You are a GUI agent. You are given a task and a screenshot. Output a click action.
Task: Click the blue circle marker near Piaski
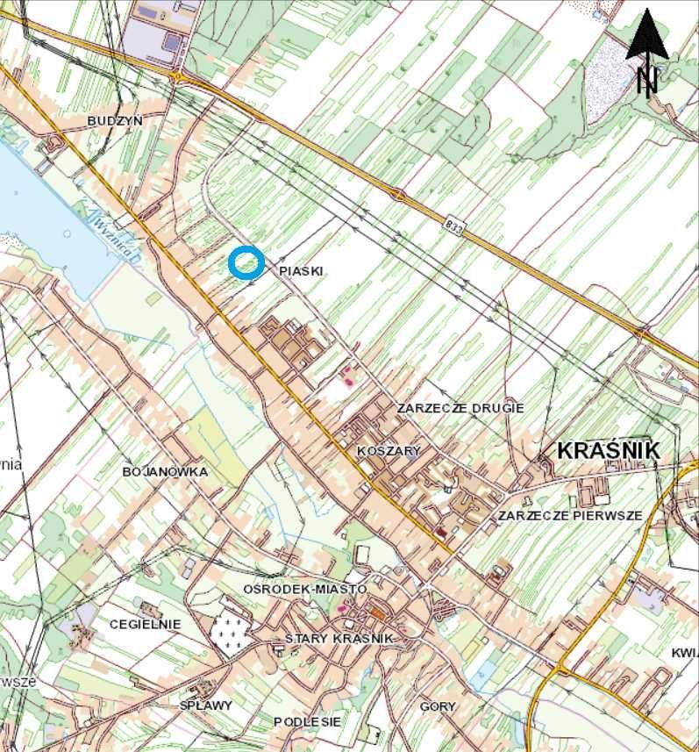246,262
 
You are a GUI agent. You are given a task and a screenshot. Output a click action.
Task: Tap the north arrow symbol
647,51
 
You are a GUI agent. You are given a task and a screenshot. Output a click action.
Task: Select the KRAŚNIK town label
609,450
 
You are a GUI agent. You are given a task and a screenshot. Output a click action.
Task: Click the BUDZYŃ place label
115,120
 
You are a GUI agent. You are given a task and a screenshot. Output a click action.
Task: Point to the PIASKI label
301,272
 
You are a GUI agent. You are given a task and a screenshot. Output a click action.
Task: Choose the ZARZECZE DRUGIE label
460,408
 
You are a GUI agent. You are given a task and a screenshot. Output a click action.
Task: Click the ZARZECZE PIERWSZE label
570,515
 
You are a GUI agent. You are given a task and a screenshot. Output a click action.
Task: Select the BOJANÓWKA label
165,472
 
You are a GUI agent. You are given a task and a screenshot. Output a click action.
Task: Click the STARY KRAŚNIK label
339,638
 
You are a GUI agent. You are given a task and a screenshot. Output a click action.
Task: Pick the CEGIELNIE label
145,624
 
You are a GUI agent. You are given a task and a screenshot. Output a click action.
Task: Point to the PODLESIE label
306,721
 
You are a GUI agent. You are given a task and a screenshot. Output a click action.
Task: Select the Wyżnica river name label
113,236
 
